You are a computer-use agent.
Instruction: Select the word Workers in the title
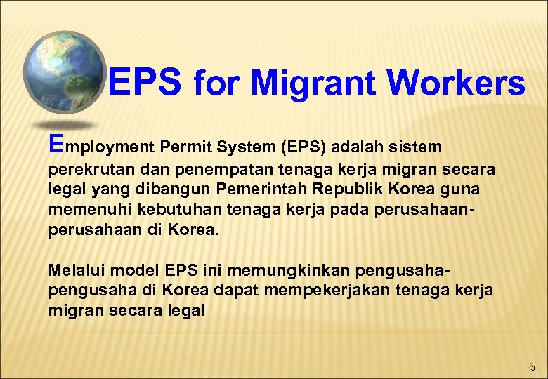tap(456, 84)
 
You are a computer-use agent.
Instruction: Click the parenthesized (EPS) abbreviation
tap(304, 147)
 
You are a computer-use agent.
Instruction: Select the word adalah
tap(358, 147)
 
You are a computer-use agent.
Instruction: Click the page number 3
tap(533, 367)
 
